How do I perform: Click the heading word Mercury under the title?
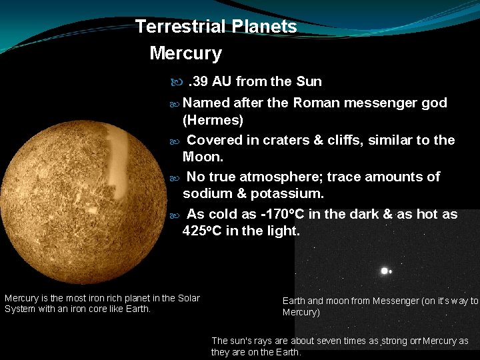coord(185,53)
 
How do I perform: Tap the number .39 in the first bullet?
coord(197,82)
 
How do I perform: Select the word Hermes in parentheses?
coord(213,121)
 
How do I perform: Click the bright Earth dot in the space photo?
coord(384,271)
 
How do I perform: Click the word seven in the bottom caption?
coord(329,341)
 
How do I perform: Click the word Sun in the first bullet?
coord(309,82)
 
